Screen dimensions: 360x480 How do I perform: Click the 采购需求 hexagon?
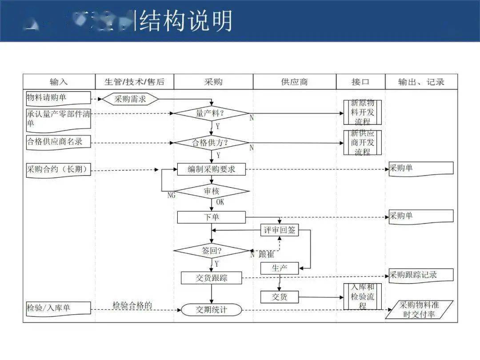click(130, 99)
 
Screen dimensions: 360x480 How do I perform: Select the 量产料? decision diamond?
click(210, 113)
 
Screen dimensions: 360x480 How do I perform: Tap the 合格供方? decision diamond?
click(210, 143)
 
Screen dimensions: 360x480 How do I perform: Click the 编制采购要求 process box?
click(211, 169)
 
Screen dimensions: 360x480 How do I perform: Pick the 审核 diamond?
click(212, 192)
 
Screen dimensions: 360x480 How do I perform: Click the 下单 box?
click(211, 217)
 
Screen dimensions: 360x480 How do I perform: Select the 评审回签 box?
click(279, 230)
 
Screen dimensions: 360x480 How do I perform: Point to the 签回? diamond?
click(212, 251)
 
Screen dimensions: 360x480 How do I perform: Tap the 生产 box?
click(279, 268)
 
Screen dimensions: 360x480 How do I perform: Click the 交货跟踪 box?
click(212, 278)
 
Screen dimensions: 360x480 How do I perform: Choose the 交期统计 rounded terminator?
click(212, 310)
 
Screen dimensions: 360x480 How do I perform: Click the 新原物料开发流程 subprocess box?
click(362, 112)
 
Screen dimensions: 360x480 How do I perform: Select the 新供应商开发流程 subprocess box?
click(362, 142)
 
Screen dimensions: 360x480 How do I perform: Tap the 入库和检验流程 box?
click(362, 296)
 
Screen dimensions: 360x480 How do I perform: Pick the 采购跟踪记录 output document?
click(421, 275)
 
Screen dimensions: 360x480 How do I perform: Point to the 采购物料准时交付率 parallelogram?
click(419, 309)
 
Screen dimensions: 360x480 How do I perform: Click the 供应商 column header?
click(294, 82)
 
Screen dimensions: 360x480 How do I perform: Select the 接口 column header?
click(360, 82)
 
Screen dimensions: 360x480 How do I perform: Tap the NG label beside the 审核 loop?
click(171, 195)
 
